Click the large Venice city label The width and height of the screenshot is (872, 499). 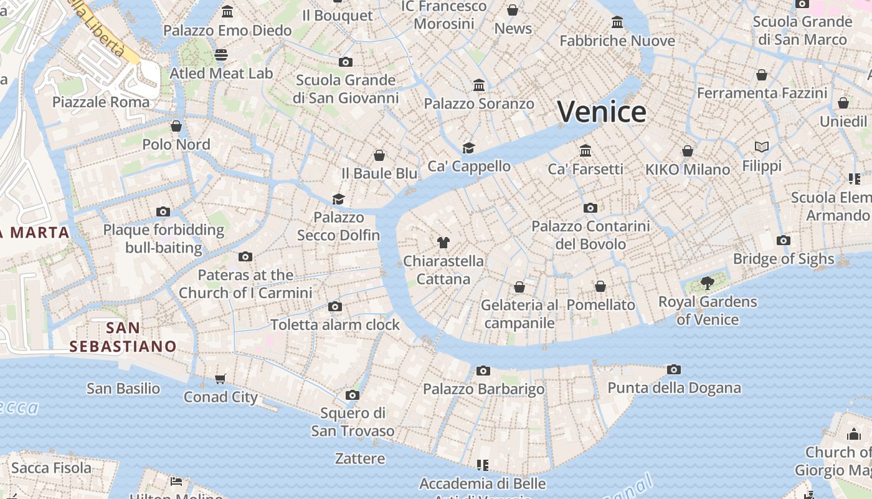[x=602, y=112]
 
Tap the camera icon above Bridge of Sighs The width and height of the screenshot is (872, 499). [x=784, y=241]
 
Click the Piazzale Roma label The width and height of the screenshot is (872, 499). [x=101, y=102]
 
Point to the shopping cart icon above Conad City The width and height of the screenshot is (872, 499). [x=220, y=379]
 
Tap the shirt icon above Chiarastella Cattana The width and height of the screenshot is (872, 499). [x=443, y=243]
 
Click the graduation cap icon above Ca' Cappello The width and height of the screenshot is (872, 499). [x=468, y=148]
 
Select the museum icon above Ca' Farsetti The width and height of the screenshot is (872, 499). [x=585, y=151]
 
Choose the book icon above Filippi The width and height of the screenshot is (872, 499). [x=761, y=147]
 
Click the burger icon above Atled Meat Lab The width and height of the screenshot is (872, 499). [x=221, y=55]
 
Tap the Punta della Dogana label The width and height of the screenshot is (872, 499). [x=674, y=388]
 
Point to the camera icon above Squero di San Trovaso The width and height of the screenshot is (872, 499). [x=353, y=395]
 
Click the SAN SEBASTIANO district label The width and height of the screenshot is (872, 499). [x=123, y=337]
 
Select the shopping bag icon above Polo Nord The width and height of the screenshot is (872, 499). [x=176, y=127]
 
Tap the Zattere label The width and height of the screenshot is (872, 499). [x=360, y=458]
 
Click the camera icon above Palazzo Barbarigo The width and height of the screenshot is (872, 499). [x=483, y=371]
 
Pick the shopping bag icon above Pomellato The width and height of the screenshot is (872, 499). [x=600, y=286]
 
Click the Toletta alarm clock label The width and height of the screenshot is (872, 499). [x=335, y=325]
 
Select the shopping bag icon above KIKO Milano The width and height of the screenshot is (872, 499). [x=688, y=151]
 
